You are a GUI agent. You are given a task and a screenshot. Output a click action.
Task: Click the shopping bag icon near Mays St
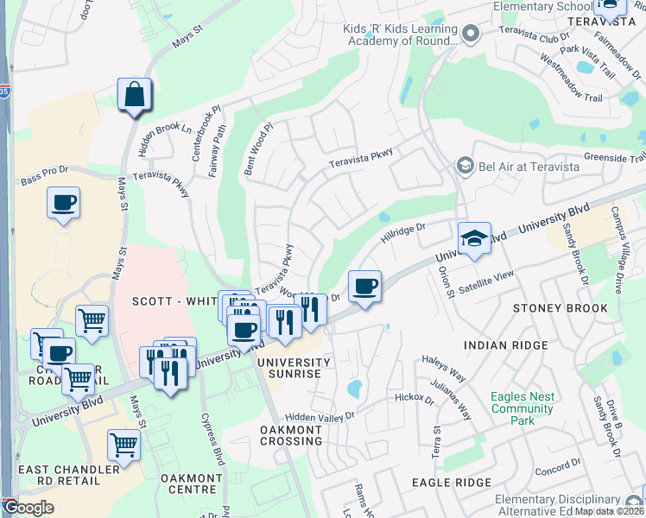coord(135,94)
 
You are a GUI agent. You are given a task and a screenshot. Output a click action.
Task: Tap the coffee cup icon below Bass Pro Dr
coord(63,204)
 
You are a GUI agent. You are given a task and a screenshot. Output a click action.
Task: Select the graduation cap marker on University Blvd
coord(474,239)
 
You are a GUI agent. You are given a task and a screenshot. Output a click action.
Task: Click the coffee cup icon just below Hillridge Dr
coord(364,287)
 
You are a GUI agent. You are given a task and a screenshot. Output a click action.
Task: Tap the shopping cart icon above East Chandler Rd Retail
coord(124,446)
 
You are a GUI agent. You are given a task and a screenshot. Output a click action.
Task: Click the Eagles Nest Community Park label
coord(522,408)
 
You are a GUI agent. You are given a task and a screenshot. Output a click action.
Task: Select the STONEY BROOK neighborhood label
coord(560,308)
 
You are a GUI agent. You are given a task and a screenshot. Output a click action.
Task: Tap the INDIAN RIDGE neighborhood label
coord(505,345)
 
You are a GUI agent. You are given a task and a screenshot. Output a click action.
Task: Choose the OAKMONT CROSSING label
coord(292,434)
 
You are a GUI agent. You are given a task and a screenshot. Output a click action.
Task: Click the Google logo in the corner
coord(28,508)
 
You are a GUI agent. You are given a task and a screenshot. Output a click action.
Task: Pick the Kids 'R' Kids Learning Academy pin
coord(471,35)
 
